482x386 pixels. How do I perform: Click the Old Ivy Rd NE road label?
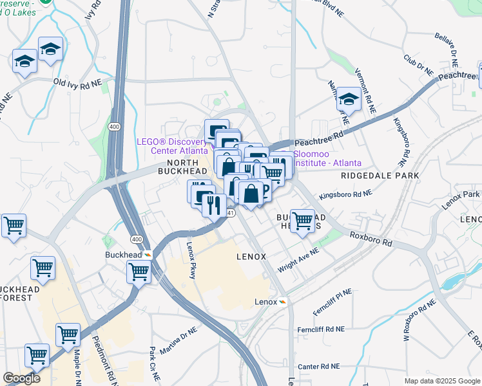(x=77, y=83)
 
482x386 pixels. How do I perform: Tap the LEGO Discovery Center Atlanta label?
(x=172, y=146)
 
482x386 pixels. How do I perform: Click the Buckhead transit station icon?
(x=148, y=254)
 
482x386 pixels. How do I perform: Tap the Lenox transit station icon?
(x=283, y=302)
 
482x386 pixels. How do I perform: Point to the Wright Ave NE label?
(x=298, y=260)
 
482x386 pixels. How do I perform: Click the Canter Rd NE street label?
(x=318, y=366)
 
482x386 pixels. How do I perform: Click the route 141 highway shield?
(x=230, y=212)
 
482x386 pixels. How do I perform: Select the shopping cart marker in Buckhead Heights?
(x=302, y=220)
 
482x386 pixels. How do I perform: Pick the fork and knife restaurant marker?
(x=213, y=205)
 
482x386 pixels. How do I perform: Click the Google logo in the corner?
(x=21, y=378)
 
